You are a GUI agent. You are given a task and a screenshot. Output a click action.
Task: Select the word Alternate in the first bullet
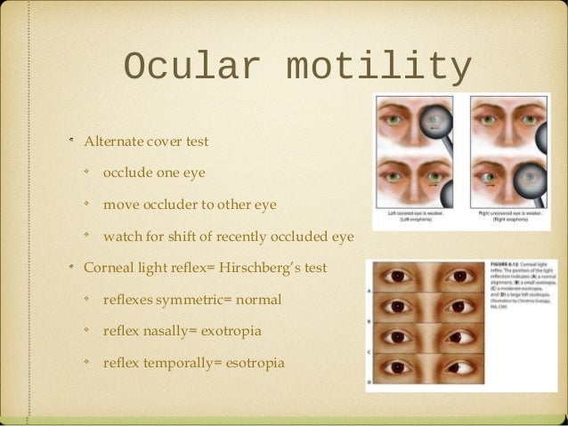114,141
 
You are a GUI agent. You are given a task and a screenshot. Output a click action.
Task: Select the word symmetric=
183,300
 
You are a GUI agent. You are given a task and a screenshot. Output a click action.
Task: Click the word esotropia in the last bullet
247,363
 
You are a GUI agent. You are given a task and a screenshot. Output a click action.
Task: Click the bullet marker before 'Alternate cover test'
73,141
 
